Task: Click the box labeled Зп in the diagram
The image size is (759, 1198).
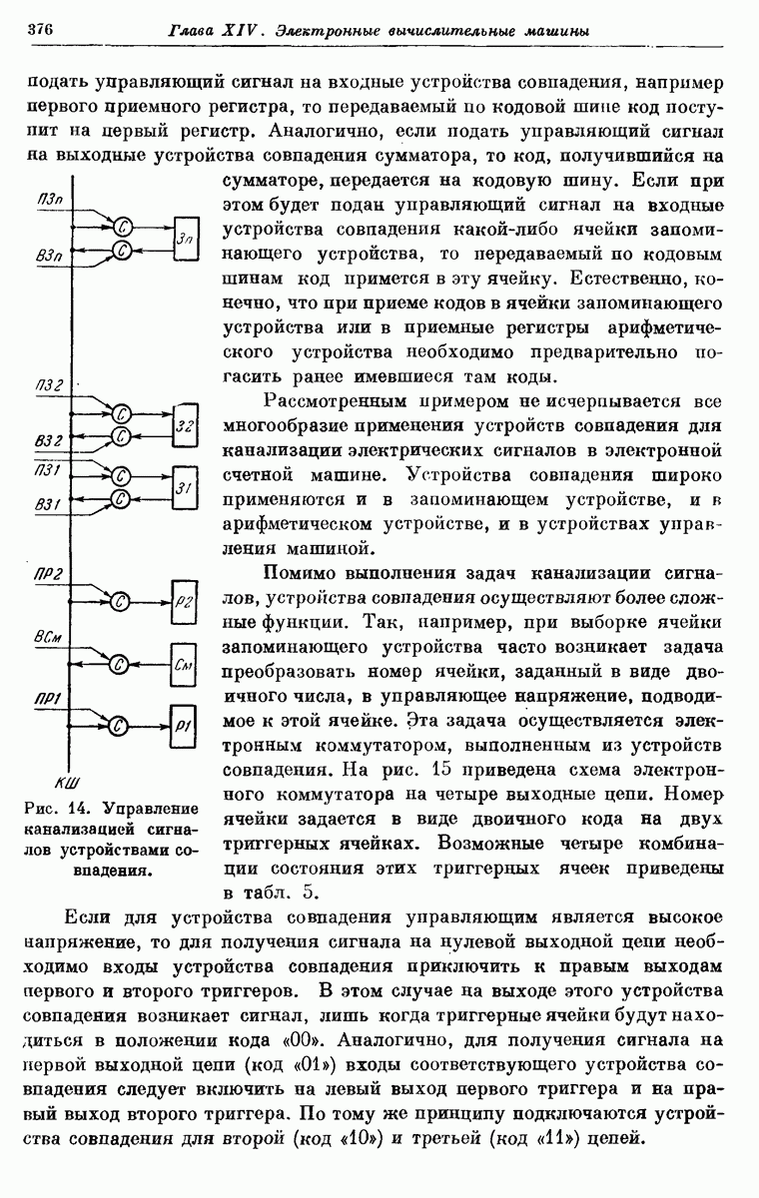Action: (x=186, y=237)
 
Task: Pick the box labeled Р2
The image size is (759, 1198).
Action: (x=186, y=599)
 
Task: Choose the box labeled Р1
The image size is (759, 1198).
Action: (x=186, y=724)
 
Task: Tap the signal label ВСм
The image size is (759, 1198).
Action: (x=46, y=636)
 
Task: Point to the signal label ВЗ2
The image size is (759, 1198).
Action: (x=48, y=440)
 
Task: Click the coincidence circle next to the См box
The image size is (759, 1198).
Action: (x=120, y=662)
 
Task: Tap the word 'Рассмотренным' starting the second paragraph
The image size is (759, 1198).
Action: (x=325, y=402)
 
